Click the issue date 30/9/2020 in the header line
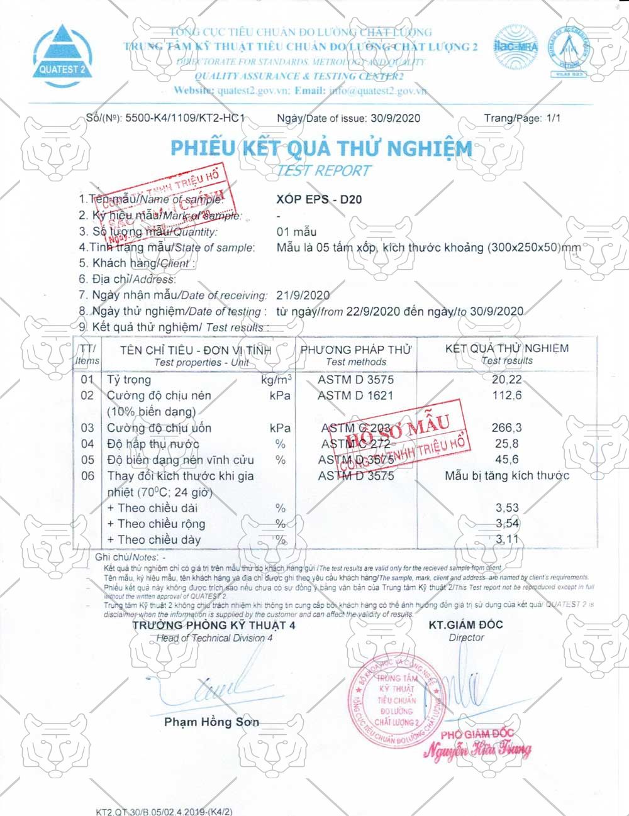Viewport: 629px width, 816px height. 395,118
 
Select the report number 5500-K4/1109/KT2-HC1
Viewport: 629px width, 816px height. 185,118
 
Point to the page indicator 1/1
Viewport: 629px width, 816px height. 554,118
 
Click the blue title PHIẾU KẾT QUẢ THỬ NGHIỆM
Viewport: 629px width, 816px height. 321,148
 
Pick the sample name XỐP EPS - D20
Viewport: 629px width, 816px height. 319,200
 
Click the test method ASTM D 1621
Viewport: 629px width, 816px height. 355,395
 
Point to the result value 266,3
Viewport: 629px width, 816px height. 506,428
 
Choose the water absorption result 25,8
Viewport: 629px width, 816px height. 506,444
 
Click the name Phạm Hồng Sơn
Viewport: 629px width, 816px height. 211,722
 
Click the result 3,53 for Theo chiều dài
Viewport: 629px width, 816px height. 507,508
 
